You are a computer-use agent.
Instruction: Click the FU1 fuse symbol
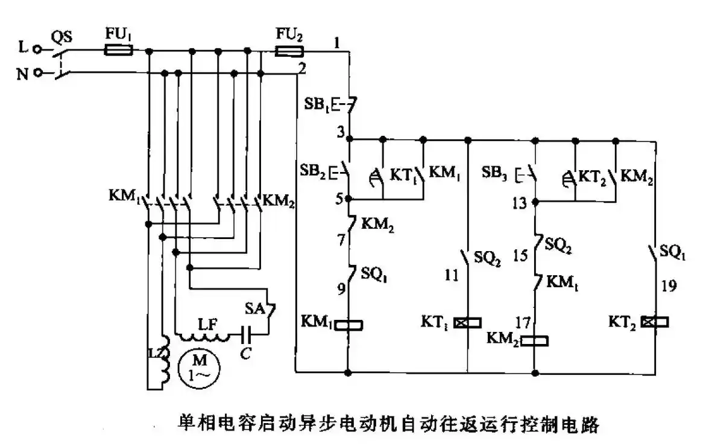pos(119,51)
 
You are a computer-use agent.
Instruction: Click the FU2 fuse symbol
pos(288,52)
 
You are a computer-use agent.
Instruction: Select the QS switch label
pos(61,37)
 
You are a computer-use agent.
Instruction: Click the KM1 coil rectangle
pos(348,325)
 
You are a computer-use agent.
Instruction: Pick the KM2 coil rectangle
pos(535,342)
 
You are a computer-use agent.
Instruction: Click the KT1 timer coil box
pos(468,323)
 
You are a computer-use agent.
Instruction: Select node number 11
pos(450,275)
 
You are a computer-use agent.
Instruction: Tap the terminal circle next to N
pos(37,73)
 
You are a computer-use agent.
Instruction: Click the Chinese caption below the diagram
pos(388,424)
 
